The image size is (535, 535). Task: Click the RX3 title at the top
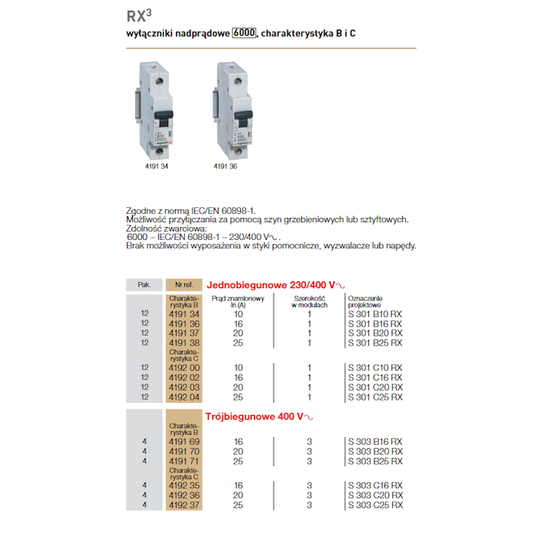click(138, 15)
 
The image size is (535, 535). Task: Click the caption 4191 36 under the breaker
click(225, 165)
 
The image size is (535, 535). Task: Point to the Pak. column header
click(144, 284)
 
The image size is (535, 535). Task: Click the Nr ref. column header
click(183, 284)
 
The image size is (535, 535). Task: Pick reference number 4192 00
click(183, 368)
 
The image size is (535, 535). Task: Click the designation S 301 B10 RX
click(374, 314)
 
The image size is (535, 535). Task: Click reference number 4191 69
click(183, 442)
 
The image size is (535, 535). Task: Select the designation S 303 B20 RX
click(374, 451)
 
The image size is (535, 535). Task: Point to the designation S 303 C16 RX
click(374, 485)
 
